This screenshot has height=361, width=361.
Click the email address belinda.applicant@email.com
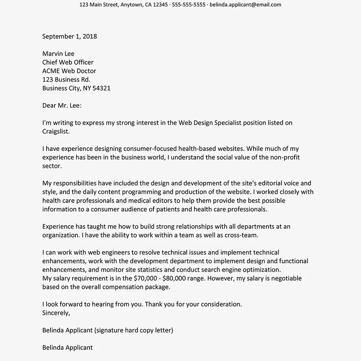245,5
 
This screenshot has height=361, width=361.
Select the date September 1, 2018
70,36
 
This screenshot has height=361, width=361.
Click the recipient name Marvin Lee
58,53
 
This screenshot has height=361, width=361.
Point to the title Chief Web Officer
68,62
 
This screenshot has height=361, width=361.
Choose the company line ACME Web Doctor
69,71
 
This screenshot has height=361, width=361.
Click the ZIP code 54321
101,88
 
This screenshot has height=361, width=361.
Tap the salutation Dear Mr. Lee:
62,105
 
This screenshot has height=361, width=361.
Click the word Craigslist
56,131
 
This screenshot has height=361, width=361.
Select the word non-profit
285,157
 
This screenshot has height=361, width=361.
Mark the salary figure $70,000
145,278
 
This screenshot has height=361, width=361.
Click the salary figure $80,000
175,278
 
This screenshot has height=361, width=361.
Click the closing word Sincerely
56,313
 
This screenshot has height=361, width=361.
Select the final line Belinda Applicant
68,348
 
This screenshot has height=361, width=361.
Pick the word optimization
262,270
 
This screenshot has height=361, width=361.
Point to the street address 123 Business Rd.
66,79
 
